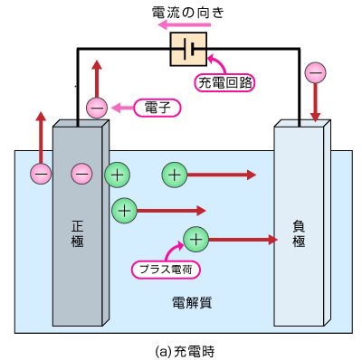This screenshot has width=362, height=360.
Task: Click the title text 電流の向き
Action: pos(186,12)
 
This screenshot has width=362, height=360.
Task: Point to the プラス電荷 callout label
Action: pos(166,269)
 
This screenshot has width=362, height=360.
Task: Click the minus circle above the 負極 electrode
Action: pos(315,71)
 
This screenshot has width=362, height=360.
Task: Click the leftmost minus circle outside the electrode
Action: pos(41,172)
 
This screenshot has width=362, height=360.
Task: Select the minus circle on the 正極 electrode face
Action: pos(81,172)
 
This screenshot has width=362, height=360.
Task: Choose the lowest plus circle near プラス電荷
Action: pos(195,239)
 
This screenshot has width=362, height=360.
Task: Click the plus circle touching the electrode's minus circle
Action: pos(117,174)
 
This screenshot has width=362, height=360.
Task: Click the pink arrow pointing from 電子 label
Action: pos(123,108)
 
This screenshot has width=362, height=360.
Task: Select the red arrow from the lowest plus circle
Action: pos(242,240)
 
